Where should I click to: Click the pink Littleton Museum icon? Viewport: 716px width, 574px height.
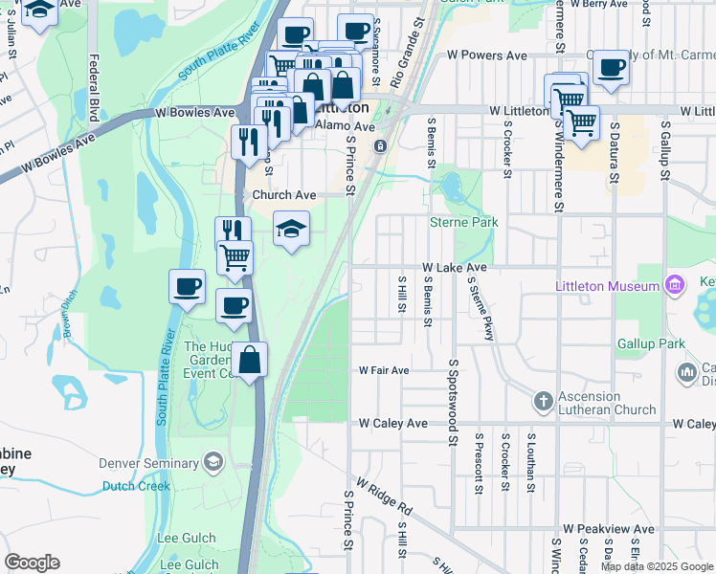(675, 285)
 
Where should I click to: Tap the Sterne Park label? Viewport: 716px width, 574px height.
(464, 222)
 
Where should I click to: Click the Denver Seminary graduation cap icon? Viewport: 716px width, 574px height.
(212, 464)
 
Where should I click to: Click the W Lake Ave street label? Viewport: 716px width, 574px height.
(456, 269)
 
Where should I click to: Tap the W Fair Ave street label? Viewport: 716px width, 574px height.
(384, 370)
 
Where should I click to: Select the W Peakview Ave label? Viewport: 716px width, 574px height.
(608, 528)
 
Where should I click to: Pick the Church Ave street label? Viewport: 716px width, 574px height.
(283, 195)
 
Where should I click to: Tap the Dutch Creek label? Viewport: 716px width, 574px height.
(135, 485)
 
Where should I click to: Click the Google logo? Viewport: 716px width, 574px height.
(32, 563)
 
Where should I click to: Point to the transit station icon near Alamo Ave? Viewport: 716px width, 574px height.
(380, 145)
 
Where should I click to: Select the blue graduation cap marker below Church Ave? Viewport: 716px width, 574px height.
(292, 229)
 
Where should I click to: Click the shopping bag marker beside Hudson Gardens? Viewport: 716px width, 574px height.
(250, 362)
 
